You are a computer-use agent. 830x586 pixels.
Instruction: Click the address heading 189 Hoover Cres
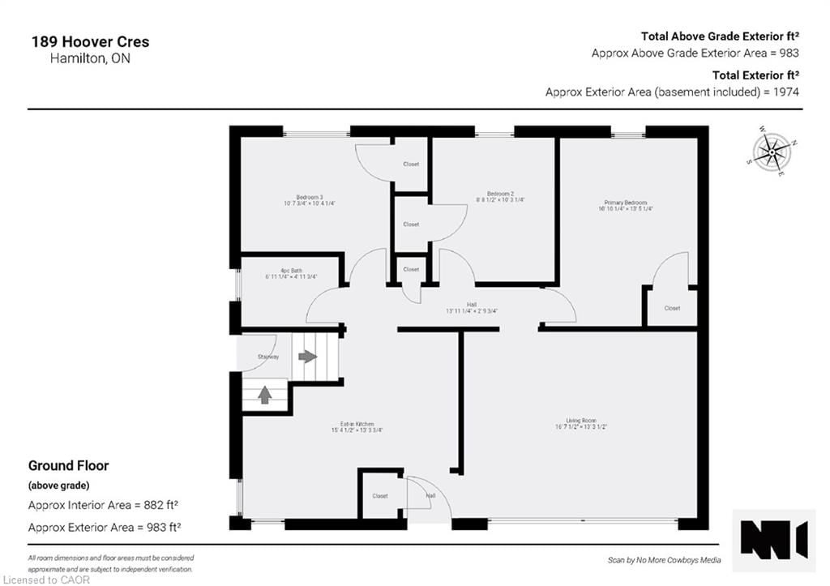click(x=90, y=42)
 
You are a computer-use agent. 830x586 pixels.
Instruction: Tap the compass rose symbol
click(x=772, y=151)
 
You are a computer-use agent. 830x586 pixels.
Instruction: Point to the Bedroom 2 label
click(x=500, y=194)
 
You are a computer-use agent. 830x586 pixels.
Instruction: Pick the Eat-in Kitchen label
click(x=357, y=425)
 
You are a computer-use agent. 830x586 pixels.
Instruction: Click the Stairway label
click(x=268, y=357)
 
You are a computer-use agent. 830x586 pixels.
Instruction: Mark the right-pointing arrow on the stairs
click(x=308, y=357)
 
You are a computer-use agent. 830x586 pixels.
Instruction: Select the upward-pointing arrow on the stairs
click(x=264, y=395)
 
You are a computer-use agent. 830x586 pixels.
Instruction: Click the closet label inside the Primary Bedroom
click(x=672, y=308)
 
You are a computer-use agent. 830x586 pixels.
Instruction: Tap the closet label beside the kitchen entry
click(x=380, y=496)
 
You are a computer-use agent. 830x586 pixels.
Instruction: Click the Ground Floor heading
click(x=68, y=466)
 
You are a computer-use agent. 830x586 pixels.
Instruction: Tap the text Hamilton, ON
click(x=79, y=59)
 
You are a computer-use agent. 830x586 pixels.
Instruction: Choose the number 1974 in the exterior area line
click(x=785, y=92)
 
